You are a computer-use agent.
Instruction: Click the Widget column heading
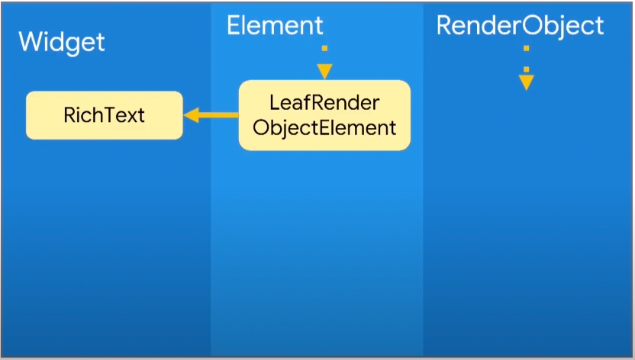pos(61,41)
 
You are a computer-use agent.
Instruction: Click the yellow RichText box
pos(105,115)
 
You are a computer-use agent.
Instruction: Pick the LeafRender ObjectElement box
pos(324,115)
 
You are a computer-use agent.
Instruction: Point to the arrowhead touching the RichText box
pos(191,115)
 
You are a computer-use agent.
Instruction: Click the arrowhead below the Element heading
pos(325,71)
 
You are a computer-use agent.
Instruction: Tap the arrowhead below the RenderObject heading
pos(526,82)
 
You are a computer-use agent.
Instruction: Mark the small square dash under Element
pos(325,48)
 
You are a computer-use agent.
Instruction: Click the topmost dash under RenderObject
pos(526,48)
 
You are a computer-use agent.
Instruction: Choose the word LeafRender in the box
pos(324,102)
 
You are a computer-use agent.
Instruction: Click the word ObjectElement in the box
pos(324,127)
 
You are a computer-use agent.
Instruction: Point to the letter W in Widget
pos(29,41)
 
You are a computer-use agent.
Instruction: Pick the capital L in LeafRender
pos(274,102)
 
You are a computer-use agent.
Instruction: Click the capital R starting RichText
pos(69,115)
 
